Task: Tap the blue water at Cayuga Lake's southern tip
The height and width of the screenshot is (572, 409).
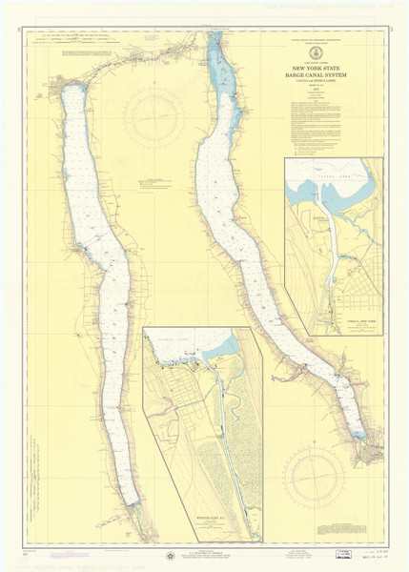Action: (x=358, y=436)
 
